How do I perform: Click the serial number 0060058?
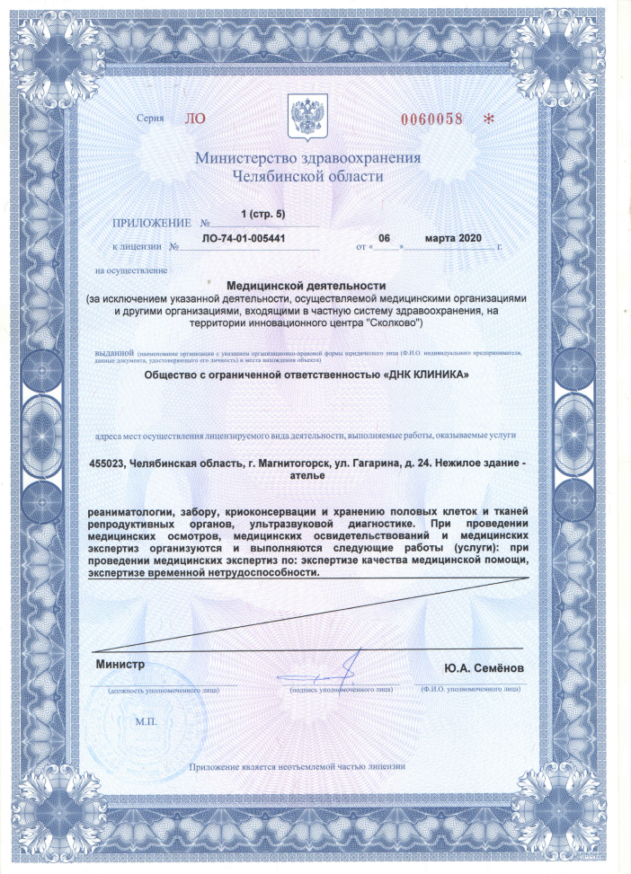(430, 119)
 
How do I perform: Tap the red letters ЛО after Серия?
(195, 118)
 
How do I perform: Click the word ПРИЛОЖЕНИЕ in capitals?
(152, 222)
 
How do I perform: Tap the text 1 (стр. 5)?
(262, 214)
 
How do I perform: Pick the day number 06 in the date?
(384, 238)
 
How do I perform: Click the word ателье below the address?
(311, 478)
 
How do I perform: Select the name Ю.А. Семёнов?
(481, 670)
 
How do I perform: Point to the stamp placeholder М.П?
(146, 721)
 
